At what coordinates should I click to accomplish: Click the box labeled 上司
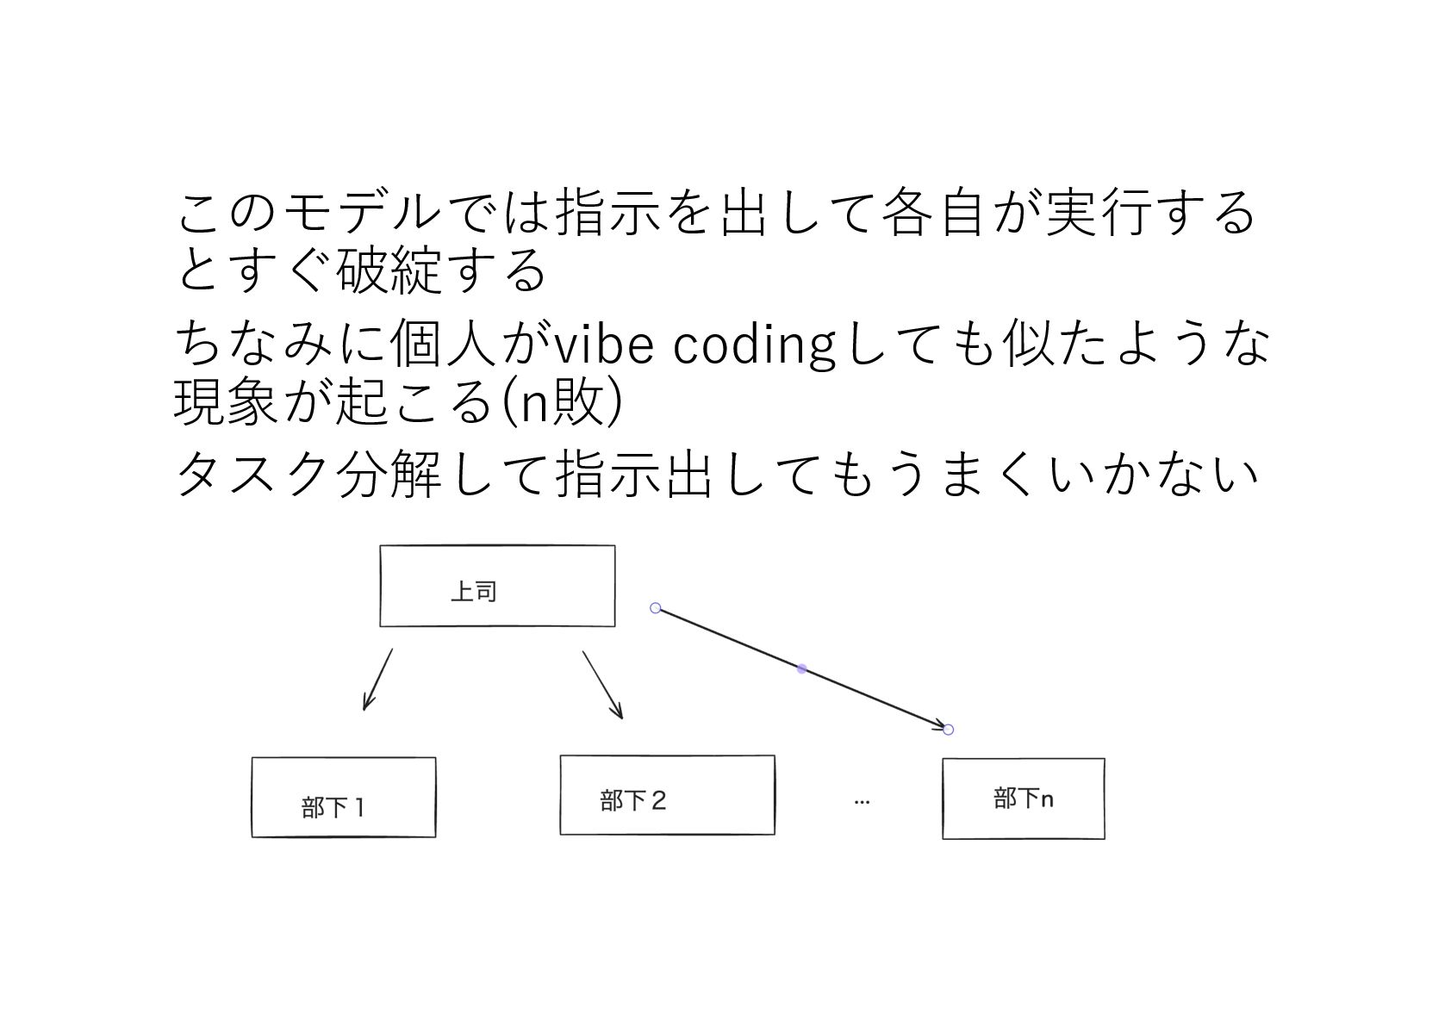tap(497, 586)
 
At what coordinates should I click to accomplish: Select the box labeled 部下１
tap(343, 797)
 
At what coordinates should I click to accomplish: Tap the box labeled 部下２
tap(667, 794)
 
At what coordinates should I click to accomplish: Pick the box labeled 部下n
tap(1023, 798)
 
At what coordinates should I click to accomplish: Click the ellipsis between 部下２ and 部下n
tap(862, 802)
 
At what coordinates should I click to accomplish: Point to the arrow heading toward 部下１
tap(377, 680)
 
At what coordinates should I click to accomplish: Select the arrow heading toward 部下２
tap(602, 685)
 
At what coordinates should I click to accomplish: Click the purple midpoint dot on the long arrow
tap(802, 668)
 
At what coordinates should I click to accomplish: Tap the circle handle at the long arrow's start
tap(656, 608)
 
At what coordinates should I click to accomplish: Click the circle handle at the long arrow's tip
tap(949, 730)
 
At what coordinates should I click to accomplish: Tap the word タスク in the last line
tap(252, 473)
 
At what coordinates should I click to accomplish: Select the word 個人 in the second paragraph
tap(443, 345)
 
